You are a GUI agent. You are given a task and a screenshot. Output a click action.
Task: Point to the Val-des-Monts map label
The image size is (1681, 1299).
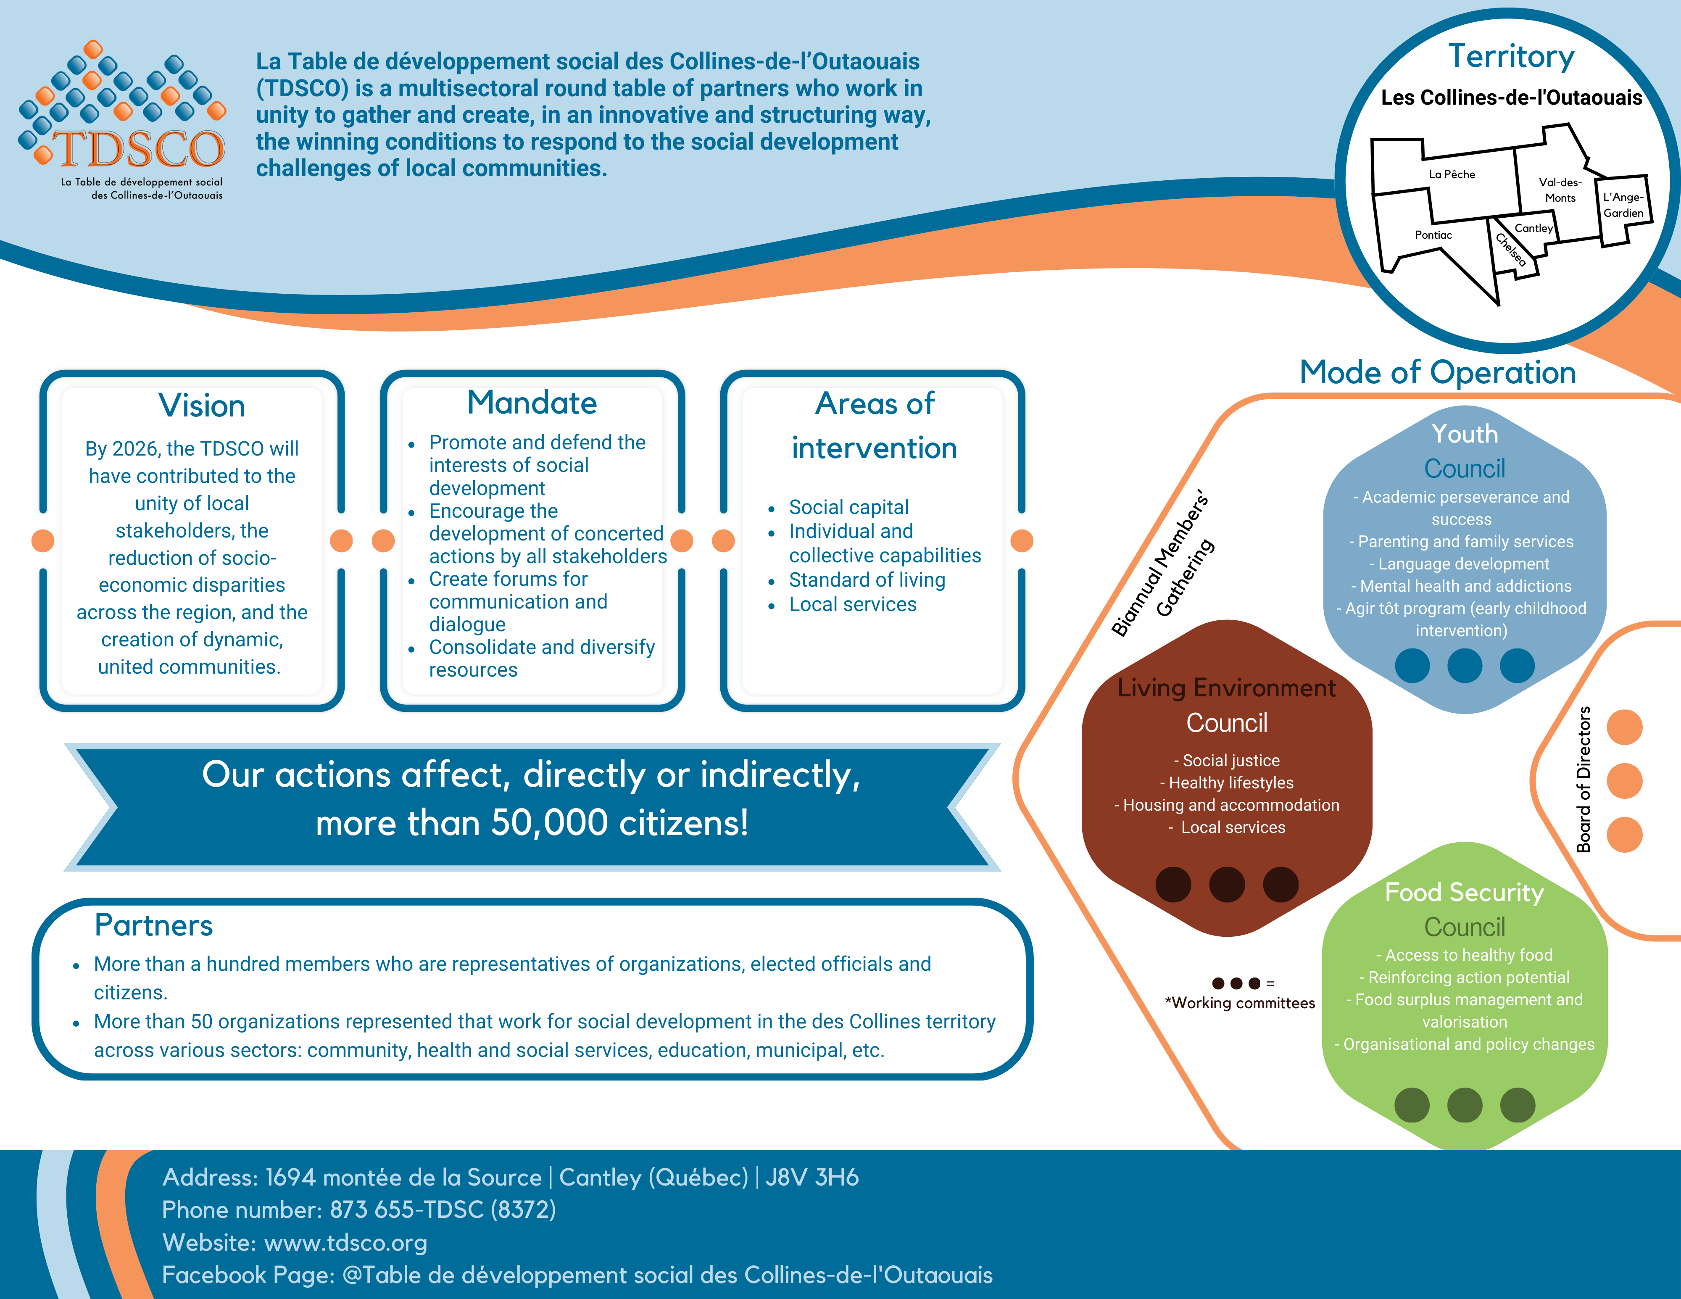[1560, 190]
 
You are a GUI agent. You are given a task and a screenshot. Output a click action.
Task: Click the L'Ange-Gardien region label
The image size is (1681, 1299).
[1623, 205]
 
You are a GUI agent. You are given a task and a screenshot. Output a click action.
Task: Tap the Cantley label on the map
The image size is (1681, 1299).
[1533, 228]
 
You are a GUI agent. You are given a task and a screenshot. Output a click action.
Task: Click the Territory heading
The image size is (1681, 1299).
[1511, 56]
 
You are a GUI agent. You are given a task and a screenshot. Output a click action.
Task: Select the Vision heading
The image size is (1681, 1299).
[202, 406]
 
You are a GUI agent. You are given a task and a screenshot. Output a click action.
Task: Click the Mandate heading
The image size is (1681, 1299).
[532, 403]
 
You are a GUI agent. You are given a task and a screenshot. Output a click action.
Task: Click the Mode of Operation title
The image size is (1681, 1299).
[1437, 372]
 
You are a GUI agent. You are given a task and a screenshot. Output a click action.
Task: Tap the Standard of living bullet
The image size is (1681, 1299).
[867, 580]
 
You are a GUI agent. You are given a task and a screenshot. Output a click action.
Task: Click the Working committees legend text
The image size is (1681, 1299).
[1240, 1003]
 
